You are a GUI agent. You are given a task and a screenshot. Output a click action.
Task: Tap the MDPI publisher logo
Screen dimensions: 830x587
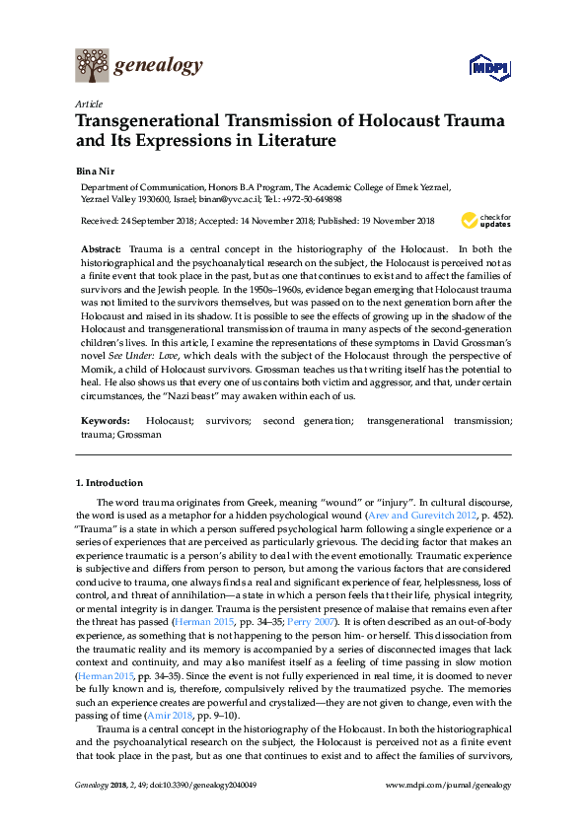(486, 68)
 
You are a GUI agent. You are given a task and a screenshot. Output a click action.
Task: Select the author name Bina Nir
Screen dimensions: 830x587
(97, 170)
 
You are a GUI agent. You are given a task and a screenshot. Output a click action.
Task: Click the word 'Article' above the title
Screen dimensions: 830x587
(89, 104)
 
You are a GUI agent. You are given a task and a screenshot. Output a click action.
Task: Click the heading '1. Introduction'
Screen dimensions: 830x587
(110, 483)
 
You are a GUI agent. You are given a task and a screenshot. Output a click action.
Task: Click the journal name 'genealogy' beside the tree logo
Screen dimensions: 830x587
(159, 66)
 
